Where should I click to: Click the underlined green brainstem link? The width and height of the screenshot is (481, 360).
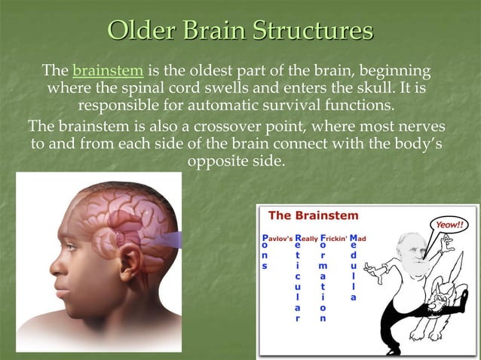[x=108, y=72]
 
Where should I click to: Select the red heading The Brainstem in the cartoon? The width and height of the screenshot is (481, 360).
[x=314, y=216]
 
